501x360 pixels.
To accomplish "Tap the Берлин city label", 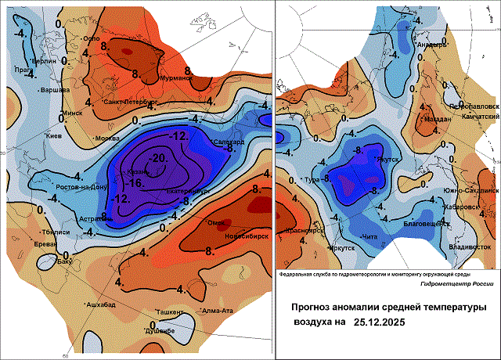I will pos(45,60).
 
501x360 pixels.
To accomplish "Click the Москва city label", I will pos(106,139).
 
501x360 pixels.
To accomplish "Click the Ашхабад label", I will pos(101,304).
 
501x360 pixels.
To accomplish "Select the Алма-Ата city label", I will pos(218,311).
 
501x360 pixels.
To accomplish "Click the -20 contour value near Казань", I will pos(161,157).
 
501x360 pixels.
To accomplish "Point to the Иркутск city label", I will pos(340,249).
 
